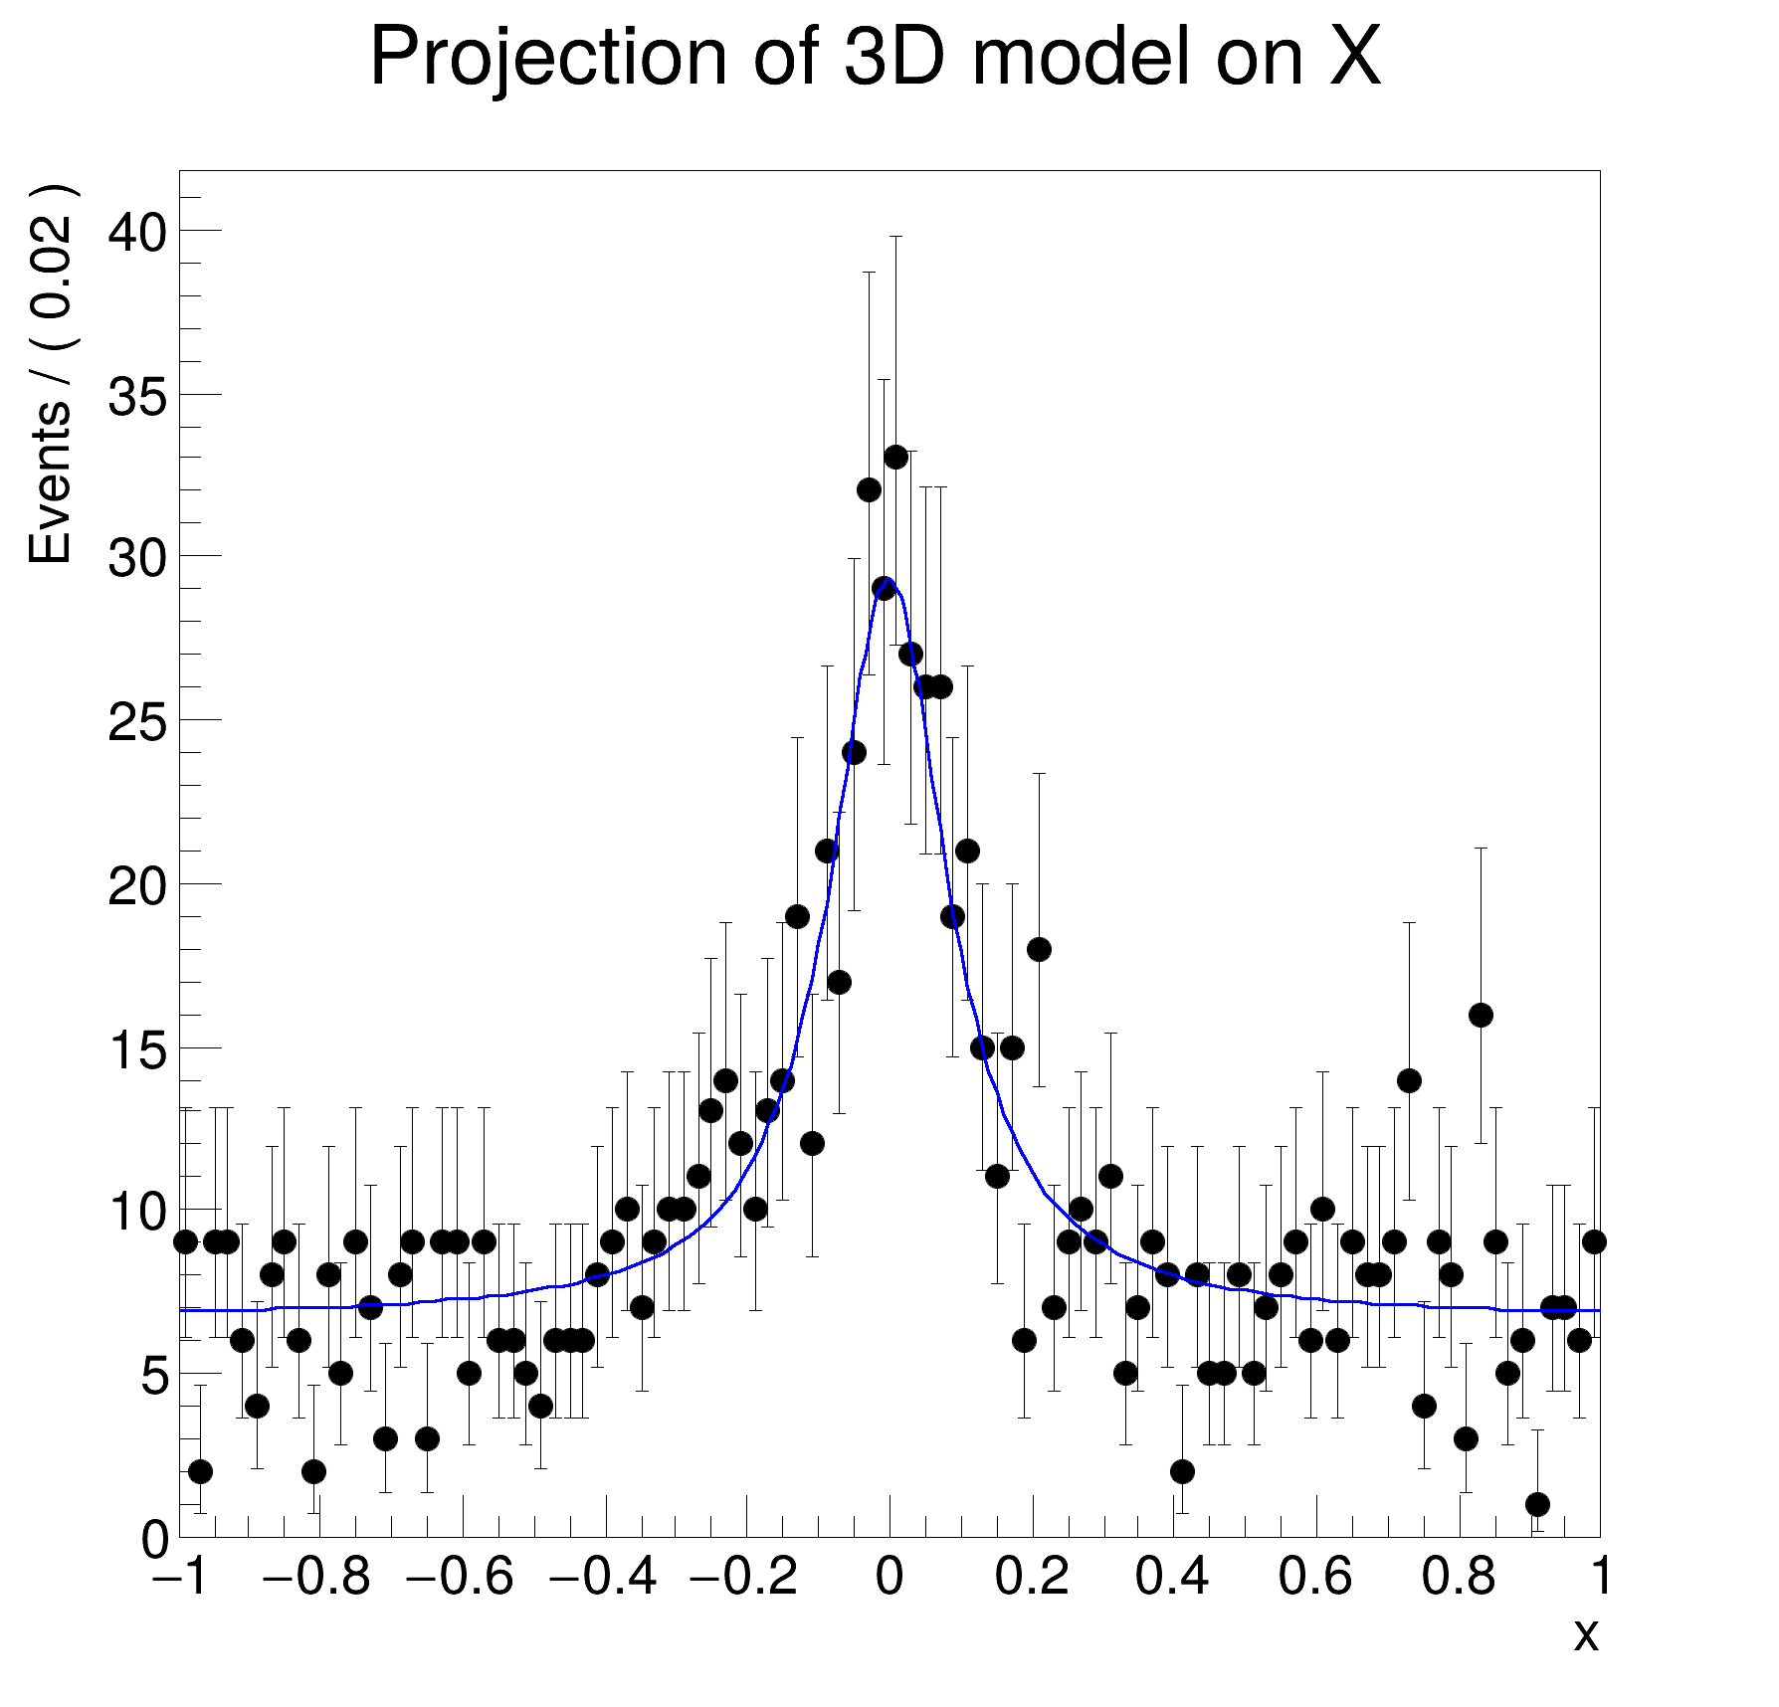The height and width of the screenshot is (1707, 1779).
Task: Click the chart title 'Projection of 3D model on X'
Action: [x=876, y=58]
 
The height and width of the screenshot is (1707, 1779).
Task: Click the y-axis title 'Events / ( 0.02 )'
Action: [x=50, y=374]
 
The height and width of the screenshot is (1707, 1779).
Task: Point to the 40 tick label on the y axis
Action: [x=137, y=232]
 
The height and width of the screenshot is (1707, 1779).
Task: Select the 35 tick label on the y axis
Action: [x=137, y=396]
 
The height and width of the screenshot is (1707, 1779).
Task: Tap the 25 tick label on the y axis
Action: [x=137, y=722]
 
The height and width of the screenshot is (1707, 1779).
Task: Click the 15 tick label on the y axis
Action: [x=137, y=1049]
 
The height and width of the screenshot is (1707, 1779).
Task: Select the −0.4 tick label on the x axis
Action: [x=603, y=1577]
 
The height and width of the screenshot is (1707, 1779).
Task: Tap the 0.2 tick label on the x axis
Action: [x=1032, y=1577]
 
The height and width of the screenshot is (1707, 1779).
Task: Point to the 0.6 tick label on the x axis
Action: [x=1315, y=1577]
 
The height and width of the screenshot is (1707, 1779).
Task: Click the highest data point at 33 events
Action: [x=895, y=458]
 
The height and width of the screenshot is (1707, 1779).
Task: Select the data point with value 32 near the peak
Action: [x=869, y=490]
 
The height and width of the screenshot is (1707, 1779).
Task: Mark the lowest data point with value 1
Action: [x=1537, y=1504]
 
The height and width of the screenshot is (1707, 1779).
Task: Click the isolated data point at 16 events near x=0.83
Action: [x=1481, y=1016]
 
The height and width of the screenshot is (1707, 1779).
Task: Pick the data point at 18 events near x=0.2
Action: [x=1039, y=950]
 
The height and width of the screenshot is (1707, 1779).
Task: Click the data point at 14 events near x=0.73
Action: [x=1409, y=1081]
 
